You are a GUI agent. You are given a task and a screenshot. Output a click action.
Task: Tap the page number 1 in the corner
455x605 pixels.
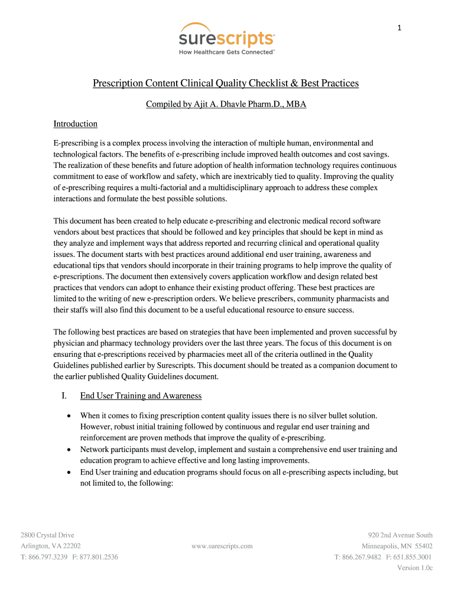click(399, 27)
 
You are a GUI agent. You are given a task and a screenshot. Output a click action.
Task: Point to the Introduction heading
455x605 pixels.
click(75, 124)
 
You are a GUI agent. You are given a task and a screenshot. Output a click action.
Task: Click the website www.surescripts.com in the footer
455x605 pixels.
click(222, 546)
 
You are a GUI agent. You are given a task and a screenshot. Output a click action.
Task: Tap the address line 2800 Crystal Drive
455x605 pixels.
click(47, 535)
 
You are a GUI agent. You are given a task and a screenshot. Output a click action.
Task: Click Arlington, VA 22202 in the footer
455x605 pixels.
click(51, 546)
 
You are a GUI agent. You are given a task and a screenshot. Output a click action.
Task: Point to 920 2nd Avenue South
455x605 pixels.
click(400, 535)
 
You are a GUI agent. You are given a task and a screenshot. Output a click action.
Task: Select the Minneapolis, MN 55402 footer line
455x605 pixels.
click(397, 546)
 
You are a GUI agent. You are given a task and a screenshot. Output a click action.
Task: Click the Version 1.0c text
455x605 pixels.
click(415, 568)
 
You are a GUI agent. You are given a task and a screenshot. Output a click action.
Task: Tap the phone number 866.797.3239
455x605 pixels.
click(48, 557)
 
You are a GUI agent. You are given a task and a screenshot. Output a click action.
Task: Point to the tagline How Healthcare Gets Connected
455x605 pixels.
click(226, 52)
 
